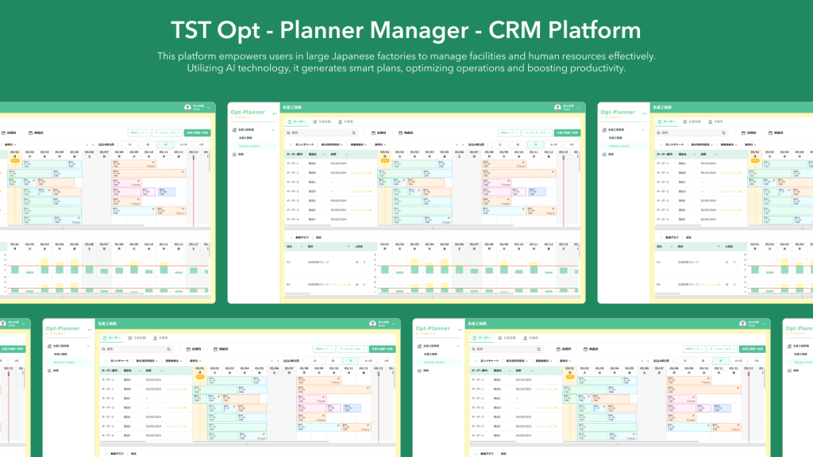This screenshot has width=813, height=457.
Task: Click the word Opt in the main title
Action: (247, 30)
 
